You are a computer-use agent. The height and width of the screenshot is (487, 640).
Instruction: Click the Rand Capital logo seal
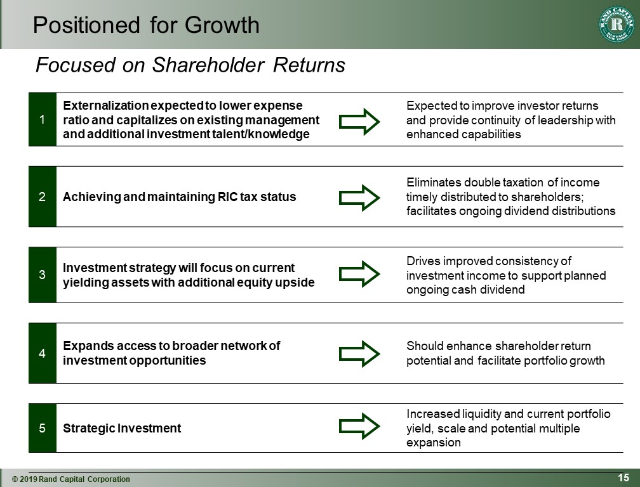(617, 24)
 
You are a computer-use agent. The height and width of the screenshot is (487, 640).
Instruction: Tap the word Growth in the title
(222, 25)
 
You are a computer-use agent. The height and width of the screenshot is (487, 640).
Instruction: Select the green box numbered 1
(43, 119)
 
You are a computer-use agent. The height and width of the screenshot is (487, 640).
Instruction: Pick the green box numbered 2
(43, 197)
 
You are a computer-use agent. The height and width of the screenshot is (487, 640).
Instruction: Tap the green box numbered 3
(43, 275)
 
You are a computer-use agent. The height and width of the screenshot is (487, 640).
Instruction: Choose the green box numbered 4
(43, 353)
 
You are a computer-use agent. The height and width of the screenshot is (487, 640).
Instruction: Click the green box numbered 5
(43, 428)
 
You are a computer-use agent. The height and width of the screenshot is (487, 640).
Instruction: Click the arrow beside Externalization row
(359, 122)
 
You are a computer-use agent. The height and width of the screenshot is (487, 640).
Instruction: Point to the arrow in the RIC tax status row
(359, 198)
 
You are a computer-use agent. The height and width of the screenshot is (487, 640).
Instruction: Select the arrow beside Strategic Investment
(359, 426)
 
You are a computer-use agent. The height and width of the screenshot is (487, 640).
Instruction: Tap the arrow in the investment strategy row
(359, 274)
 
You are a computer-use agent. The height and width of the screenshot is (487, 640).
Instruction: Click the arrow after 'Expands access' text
(359, 354)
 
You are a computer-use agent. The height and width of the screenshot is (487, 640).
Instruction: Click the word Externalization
(106, 105)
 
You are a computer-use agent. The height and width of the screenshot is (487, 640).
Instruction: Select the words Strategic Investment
(122, 428)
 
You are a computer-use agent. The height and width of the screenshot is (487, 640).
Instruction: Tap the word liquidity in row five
(482, 414)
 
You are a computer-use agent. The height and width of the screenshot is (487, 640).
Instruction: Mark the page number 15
(623, 477)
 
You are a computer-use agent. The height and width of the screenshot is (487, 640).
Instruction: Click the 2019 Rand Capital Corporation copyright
(71, 479)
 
